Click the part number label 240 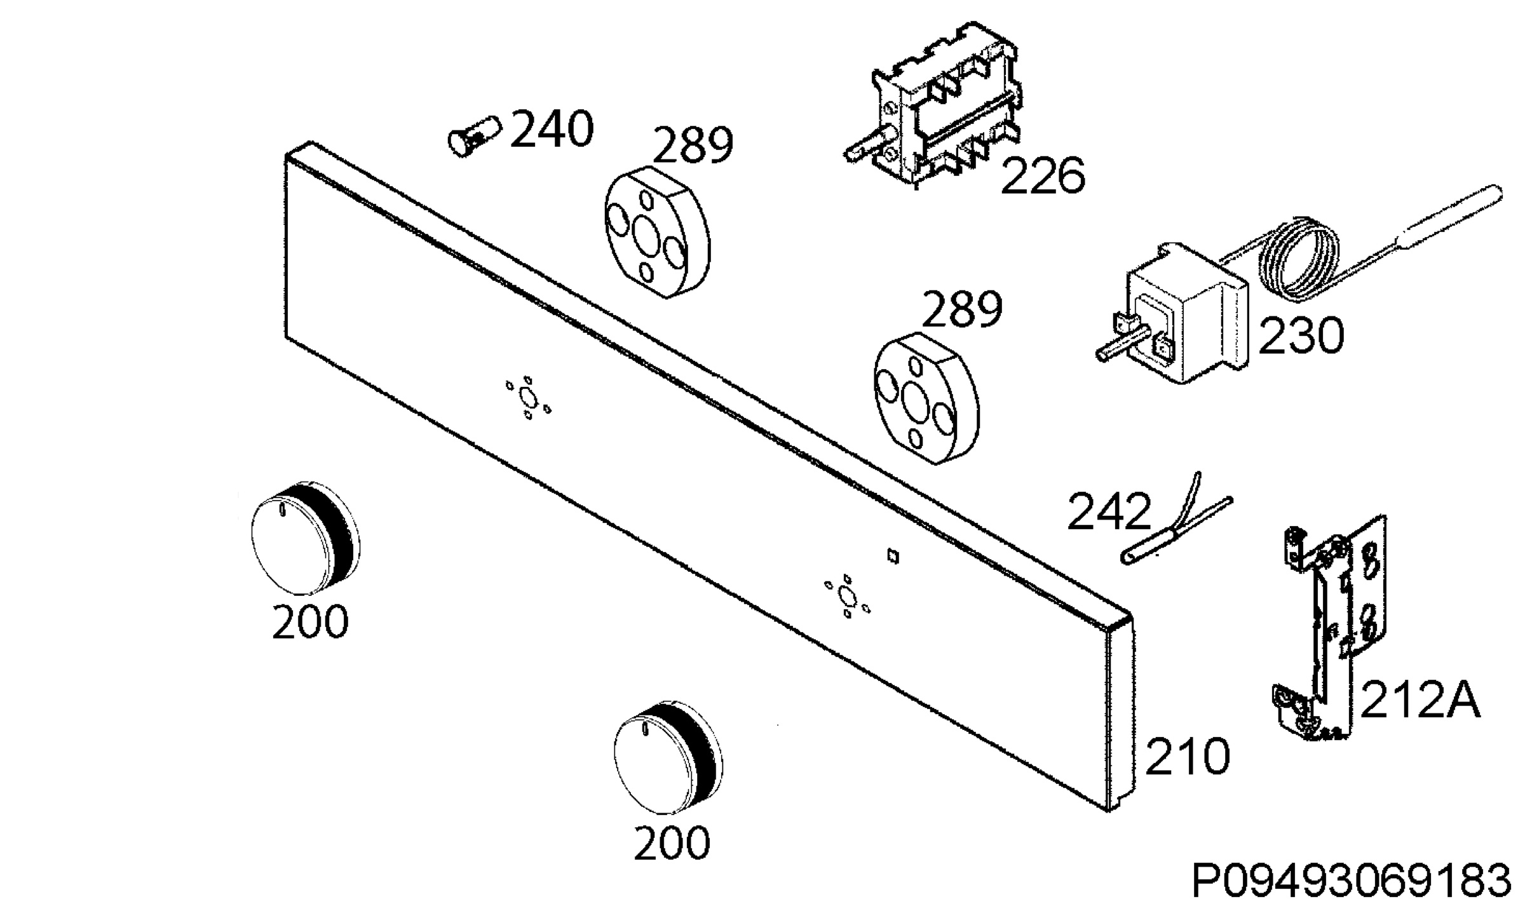point(552,130)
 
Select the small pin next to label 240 point(474,136)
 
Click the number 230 point(1301,335)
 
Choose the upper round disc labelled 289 point(656,233)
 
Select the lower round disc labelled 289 point(927,398)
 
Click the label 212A point(1421,700)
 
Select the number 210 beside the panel point(1186,757)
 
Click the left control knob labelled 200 point(303,537)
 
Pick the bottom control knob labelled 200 point(668,759)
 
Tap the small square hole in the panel point(893,557)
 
